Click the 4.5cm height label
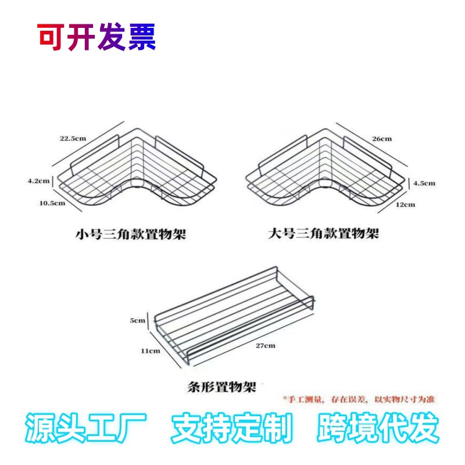click(424, 183)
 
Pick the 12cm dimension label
click(406, 205)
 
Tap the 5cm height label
click(138, 320)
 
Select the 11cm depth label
click(150, 350)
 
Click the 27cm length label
click(265, 345)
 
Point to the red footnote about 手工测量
click(359, 399)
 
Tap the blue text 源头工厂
click(85, 430)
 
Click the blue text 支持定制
click(231, 430)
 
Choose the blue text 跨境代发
click(378, 430)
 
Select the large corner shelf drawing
click(324, 169)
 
